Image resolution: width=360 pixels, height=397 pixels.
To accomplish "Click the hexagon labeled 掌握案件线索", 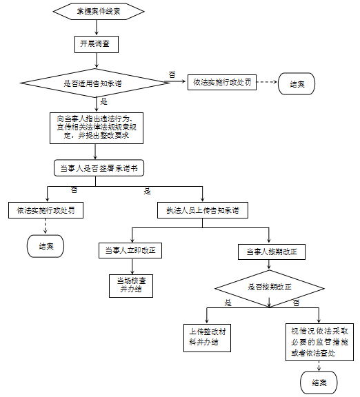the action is [x=99, y=12].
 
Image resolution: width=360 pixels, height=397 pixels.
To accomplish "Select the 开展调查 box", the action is [x=97, y=44].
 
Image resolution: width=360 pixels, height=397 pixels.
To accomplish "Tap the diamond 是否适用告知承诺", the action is [x=95, y=83].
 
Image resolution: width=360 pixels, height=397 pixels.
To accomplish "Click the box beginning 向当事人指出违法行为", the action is [x=97, y=128].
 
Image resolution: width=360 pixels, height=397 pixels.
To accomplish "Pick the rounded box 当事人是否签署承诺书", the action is [x=99, y=168].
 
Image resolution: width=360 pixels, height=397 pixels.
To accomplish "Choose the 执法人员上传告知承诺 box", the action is [x=203, y=210].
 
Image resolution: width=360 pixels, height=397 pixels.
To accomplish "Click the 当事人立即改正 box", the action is [x=130, y=250].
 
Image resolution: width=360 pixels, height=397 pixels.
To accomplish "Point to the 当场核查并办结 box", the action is [x=131, y=286].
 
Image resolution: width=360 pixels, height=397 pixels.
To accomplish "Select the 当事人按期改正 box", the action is [x=272, y=252].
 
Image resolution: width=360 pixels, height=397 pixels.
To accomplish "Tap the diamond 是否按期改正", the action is [x=270, y=288].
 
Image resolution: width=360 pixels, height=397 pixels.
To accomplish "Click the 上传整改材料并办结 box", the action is [x=207, y=338].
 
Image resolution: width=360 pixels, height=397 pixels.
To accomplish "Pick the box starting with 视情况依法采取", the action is [x=319, y=342].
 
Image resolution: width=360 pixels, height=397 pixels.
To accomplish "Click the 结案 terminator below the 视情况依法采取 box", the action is [x=319, y=383].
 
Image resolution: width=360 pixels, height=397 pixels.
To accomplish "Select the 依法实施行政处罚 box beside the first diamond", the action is [x=222, y=82].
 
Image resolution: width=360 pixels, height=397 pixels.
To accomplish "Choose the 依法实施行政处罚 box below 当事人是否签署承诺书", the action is [x=46, y=210].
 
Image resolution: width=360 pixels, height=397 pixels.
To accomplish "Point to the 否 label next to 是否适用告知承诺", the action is [x=172, y=74].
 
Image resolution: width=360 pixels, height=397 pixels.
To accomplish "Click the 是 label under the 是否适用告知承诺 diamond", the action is [x=104, y=102].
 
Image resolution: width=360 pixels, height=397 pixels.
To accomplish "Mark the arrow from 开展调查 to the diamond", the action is [x=97, y=61].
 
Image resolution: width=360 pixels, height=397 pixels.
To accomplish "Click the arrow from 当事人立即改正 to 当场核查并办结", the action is [x=132, y=266].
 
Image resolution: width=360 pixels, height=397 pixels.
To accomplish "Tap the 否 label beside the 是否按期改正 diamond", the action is [x=296, y=303].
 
